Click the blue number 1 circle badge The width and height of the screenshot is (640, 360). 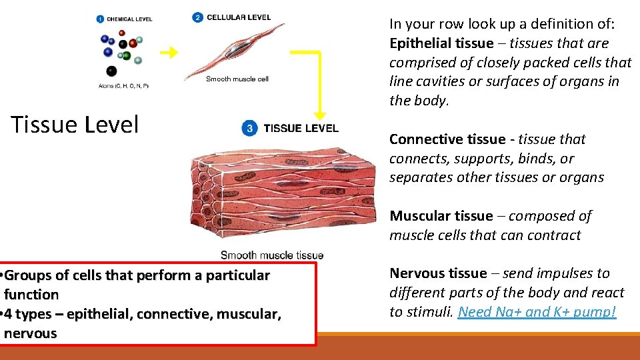click(100, 19)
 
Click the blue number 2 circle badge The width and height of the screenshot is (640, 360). click(197, 17)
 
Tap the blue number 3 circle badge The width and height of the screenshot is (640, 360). click(250, 129)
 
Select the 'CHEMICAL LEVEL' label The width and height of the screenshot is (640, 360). click(129, 19)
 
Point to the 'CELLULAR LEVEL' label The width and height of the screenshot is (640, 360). click(239, 17)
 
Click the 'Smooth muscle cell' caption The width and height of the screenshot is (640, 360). click(237, 79)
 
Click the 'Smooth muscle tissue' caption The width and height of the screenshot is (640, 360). click(272, 255)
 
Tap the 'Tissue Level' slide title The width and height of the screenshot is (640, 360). click(75, 125)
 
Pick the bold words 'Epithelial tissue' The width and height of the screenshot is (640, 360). click(439, 43)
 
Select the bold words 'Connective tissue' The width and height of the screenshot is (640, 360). click(447, 139)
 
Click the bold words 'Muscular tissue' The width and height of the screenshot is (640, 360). click(441, 216)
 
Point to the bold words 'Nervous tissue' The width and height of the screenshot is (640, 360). click(438, 273)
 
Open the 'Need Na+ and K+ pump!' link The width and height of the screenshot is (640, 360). click(537, 312)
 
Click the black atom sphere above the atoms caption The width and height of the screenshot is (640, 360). click(111, 71)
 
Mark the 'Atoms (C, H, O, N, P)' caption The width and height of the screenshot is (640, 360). click(123, 85)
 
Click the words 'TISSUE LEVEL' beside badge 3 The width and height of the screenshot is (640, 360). click(301, 128)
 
